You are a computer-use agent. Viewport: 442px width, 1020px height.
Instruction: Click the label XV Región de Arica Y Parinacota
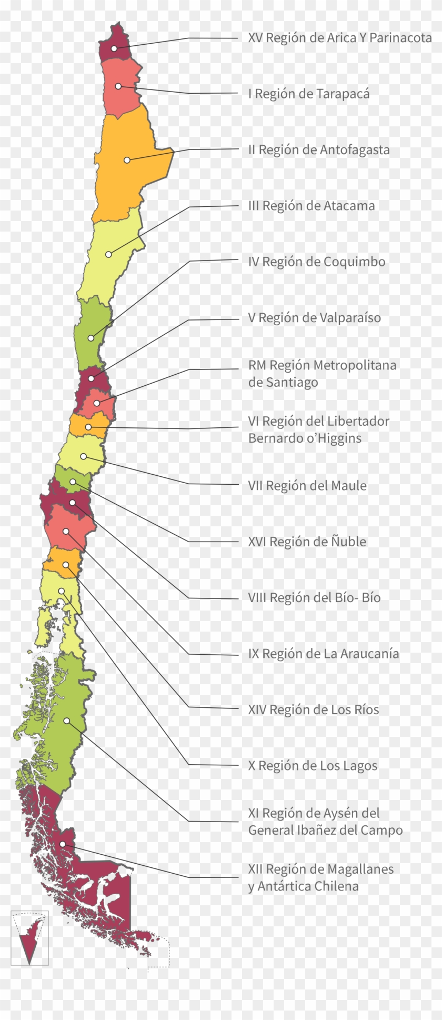coord(339,38)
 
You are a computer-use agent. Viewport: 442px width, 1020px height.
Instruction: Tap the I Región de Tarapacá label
coord(308,94)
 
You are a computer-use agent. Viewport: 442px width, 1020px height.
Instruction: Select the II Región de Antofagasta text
coord(319,149)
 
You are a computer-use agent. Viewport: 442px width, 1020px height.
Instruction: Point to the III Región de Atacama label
coord(312,205)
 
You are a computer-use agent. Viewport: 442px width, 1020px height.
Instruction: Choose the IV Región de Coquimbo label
coord(317,262)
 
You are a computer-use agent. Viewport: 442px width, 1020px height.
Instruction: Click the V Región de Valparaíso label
coord(314,317)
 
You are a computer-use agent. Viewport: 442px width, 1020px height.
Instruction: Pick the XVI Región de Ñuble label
coord(307,542)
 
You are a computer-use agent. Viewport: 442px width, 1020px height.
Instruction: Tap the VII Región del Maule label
coord(307,485)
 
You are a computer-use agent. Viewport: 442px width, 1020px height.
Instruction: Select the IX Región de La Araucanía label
coord(323,654)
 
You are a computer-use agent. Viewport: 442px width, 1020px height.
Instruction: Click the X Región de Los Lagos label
coord(313,766)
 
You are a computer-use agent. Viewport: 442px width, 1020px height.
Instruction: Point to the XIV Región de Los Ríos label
coord(313,709)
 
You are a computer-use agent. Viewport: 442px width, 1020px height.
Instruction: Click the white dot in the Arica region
coord(114,48)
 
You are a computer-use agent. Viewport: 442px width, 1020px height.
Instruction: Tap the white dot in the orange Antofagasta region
coord(127,159)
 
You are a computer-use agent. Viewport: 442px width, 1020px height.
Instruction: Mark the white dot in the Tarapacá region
coord(119,86)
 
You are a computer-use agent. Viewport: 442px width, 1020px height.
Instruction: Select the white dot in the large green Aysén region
coord(67,720)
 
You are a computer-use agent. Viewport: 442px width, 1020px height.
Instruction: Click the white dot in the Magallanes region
coord(63,844)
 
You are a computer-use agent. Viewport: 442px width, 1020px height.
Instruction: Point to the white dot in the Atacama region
coord(108,254)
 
